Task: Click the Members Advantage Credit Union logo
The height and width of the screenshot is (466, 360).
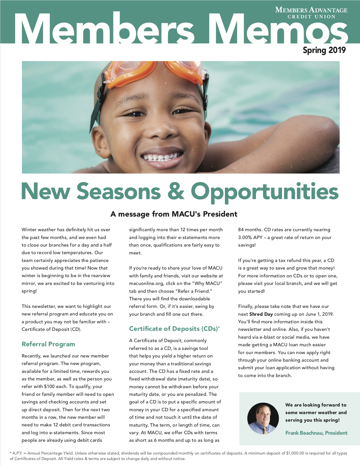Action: click(311, 13)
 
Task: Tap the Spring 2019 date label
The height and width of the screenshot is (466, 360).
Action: click(324, 50)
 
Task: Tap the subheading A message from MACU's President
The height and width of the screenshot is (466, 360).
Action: click(174, 214)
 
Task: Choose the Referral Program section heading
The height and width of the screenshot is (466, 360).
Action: click(48, 344)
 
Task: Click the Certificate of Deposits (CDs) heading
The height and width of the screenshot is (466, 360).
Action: click(174, 329)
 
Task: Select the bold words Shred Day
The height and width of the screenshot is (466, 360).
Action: click(261, 314)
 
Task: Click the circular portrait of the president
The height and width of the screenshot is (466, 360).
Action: click(263, 418)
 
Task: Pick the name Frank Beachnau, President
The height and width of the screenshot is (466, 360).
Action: click(316, 433)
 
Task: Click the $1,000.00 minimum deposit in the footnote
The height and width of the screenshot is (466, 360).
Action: click(295, 453)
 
